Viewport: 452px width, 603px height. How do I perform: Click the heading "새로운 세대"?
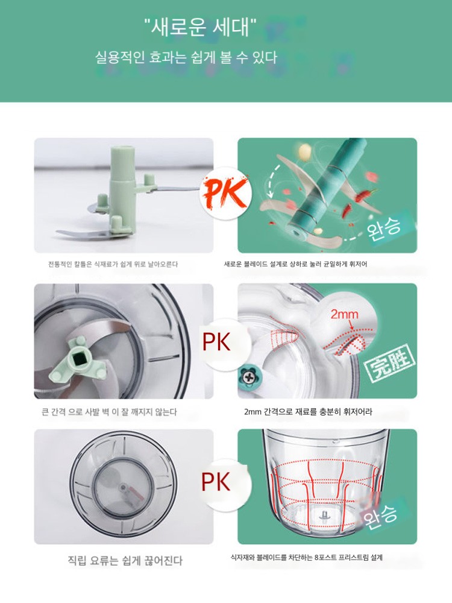coord(200,28)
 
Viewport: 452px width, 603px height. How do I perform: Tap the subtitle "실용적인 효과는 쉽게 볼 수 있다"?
coord(186,58)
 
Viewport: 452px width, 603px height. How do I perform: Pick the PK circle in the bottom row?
coord(216,481)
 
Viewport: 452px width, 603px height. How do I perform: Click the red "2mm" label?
coord(344,315)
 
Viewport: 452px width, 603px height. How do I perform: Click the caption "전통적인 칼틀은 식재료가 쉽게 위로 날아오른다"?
coord(113,264)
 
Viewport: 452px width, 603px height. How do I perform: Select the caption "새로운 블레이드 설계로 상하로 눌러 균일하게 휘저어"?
coord(295,264)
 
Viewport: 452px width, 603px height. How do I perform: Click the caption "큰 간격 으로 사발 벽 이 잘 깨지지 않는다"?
coord(109,412)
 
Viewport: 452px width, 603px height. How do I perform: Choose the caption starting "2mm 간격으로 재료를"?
coord(308,412)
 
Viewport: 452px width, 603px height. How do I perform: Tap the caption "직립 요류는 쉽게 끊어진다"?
coord(125,560)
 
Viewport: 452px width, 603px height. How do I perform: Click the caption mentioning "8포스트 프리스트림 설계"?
coord(306,557)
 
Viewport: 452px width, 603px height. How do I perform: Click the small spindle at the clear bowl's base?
coord(324,514)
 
